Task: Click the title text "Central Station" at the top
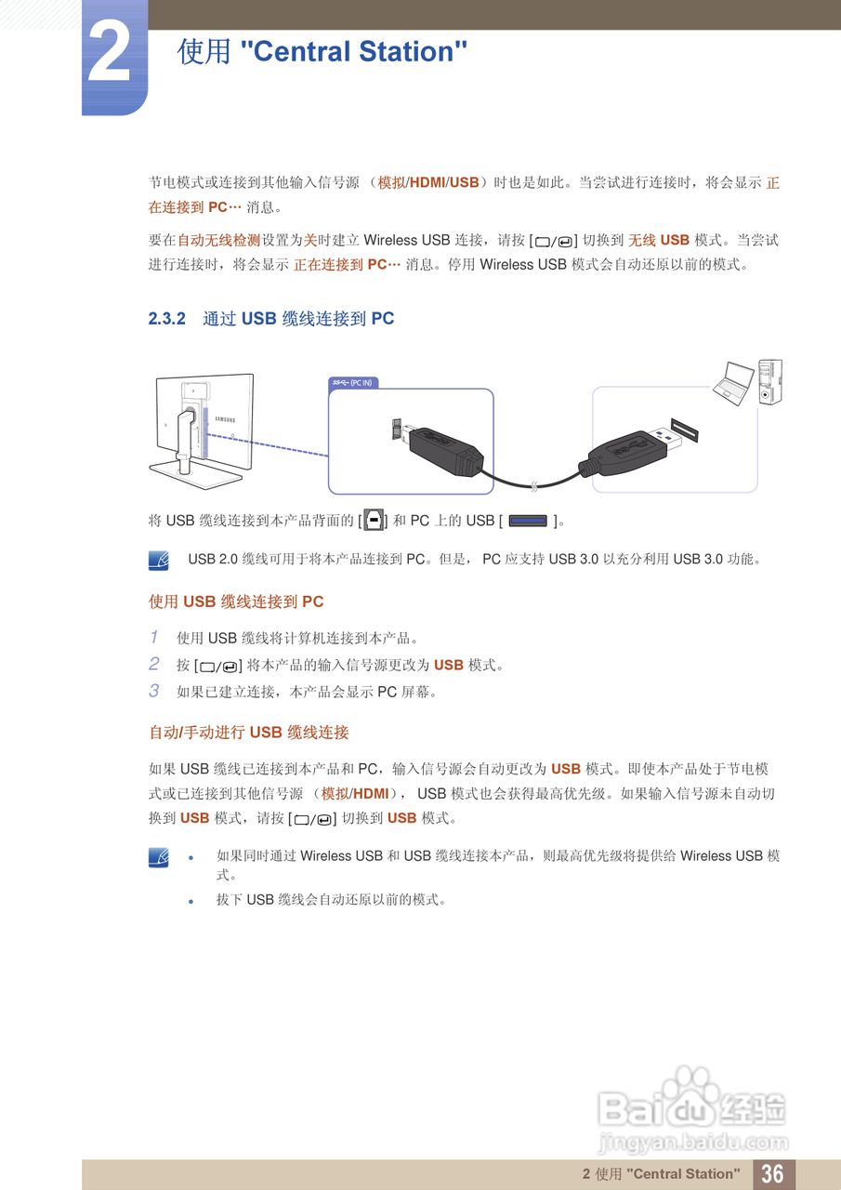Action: [x=353, y=51]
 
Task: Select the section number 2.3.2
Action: [x=167, y=319]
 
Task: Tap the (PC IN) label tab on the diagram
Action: [x=353, y=383]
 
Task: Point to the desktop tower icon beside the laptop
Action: [x=769, y=381]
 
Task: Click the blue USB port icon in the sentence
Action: [x=527, y=522]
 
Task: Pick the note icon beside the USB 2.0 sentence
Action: [x=159, y=560]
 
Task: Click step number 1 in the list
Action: [x=154, y=638]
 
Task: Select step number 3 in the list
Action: [x=154, y=692]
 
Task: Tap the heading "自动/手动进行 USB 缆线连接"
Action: [x=249, y=733]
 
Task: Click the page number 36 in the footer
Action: [x=772, y=1173]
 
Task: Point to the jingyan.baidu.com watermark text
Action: [x=692, y=1143]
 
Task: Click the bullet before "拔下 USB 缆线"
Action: [x=191, y=901]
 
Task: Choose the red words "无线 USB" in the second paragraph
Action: [x=659, y=241]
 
